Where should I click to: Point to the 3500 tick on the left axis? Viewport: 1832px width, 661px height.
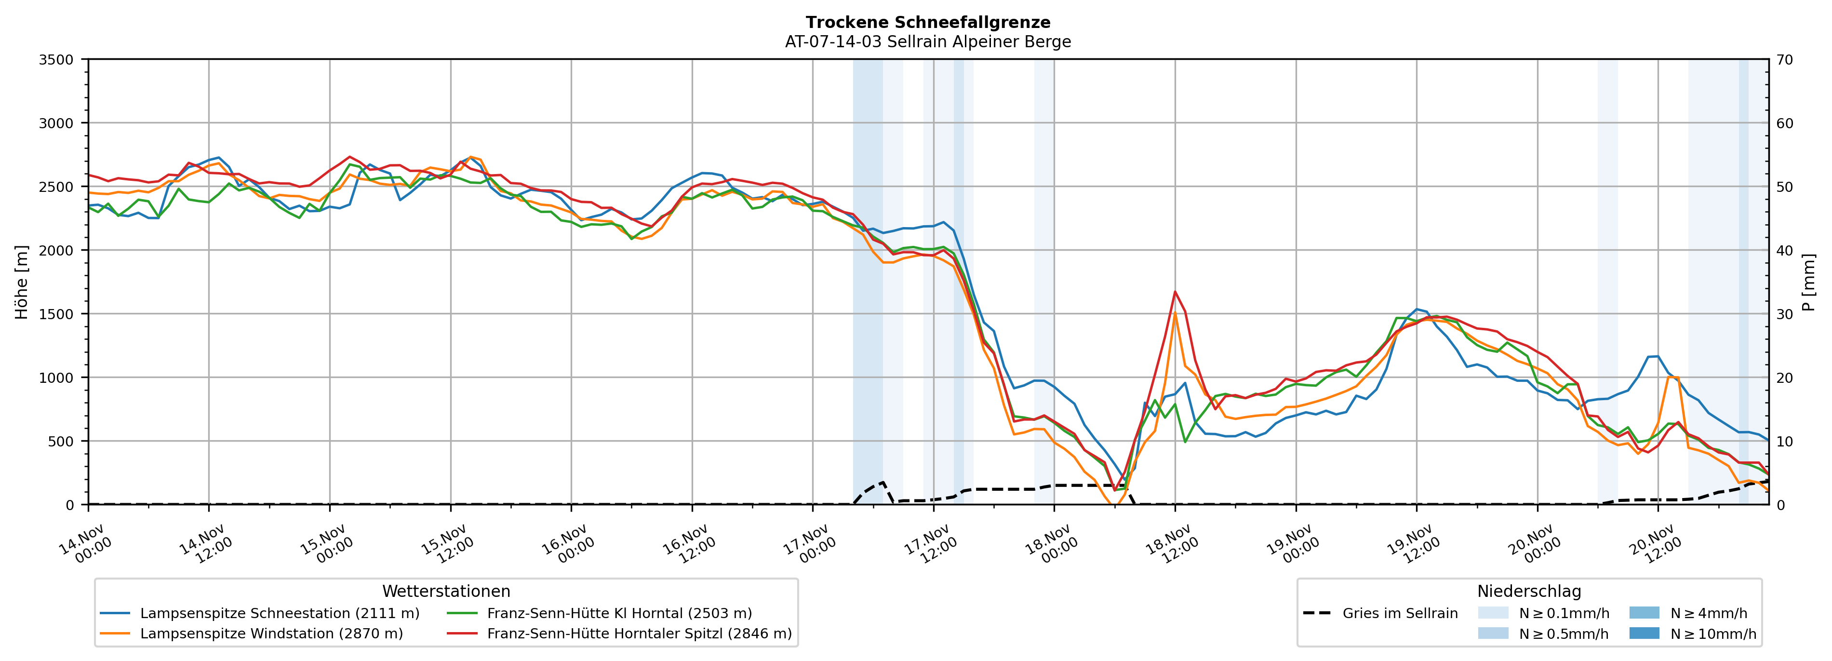(x=56, y=60)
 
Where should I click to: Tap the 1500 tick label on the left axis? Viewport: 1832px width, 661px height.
(x=56, y=314)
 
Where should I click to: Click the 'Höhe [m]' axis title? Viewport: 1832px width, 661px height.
(x=21, y=283)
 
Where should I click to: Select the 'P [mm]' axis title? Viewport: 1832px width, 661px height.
(x=1808, y=283)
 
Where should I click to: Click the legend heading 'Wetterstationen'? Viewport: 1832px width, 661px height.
(x=446, y=591)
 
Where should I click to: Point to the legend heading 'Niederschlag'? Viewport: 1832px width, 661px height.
(x=1529, y=591)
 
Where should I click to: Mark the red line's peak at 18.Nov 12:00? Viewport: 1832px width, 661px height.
(x=1175, y=291)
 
